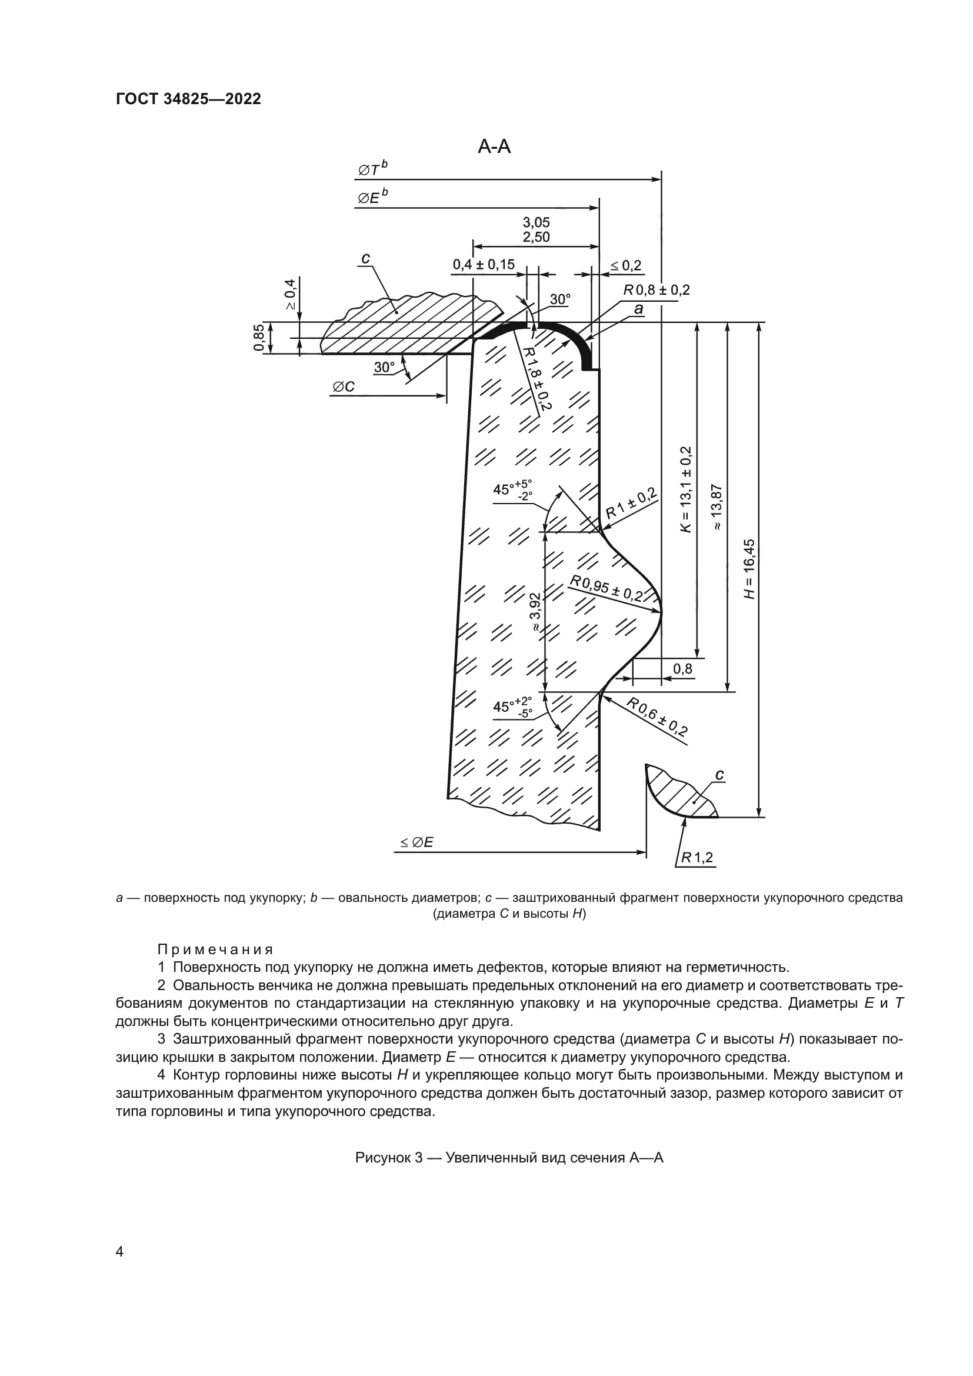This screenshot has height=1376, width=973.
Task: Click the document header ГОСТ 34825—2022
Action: coord(188,99)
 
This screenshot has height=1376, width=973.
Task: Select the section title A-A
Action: coord(494,146)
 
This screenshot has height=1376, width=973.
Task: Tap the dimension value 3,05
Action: coord(537,222)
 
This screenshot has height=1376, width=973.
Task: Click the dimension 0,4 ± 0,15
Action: coord(484,264)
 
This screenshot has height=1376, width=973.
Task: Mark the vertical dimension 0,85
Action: coord(258,338)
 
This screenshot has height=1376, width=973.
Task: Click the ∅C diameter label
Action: coord(344,387)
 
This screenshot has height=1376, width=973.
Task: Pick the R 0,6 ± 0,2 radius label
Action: coord(657,716)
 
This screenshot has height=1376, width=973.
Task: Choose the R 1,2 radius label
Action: coord(696,858)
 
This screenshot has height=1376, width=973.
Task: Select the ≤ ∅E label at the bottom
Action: coord(417,842)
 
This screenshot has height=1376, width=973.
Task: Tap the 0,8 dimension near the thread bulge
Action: coord(682,668)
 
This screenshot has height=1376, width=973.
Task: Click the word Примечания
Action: coord(215,949)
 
